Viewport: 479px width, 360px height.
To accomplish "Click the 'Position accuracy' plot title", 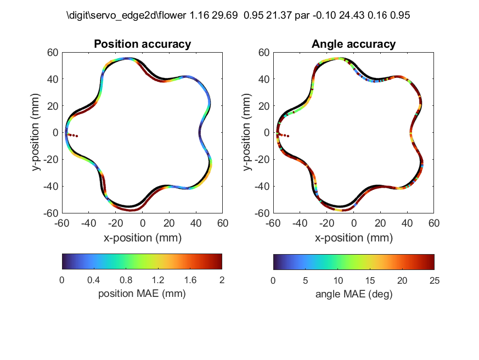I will [142, 44].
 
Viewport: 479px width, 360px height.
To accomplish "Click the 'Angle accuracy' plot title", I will [353, 44].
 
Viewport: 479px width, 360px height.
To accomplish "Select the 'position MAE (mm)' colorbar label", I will [142, 294].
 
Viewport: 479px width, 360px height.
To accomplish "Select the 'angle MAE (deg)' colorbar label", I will [353, 294].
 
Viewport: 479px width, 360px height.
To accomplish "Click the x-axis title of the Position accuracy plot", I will [142, 238].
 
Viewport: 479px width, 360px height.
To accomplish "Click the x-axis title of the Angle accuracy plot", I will [353, 238].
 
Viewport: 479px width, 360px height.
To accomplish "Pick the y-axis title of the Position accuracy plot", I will [37, 133].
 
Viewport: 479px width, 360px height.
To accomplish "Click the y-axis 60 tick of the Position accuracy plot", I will [53, 53].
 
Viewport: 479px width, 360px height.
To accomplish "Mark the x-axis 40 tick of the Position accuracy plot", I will [196, 223].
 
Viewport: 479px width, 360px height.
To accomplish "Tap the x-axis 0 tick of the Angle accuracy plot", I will [353, 223].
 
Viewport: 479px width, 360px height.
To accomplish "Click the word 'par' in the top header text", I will [302, 16].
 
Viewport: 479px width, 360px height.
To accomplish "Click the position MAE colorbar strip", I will [142, 261].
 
